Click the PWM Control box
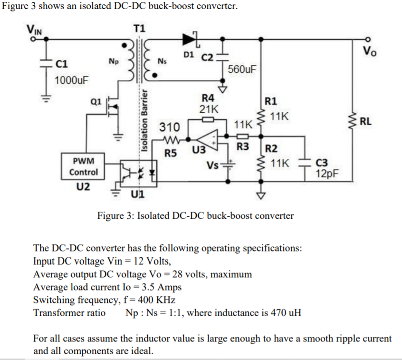pos(83,166)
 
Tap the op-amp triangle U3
pos(207,139)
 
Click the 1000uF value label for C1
pos(71,80)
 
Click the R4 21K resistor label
pos(209,103)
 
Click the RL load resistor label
pos(366,121)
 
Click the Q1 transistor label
pos(96,101)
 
